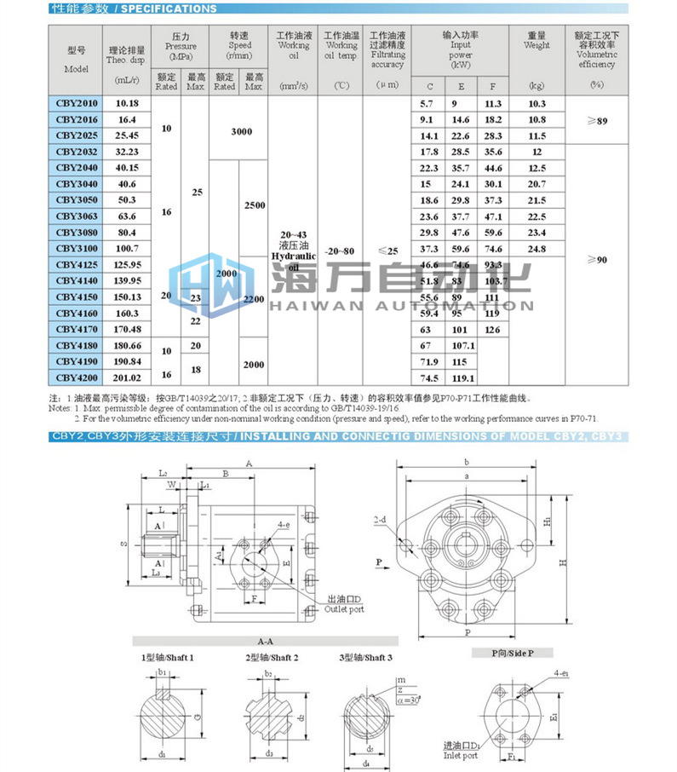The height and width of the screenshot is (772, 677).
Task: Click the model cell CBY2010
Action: (77, 103)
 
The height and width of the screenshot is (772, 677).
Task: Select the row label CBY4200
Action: (77, 377)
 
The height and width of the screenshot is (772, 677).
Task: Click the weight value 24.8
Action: (536, 249)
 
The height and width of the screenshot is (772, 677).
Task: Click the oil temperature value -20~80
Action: (341, 251)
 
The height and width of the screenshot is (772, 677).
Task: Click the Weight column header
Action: (536, 45)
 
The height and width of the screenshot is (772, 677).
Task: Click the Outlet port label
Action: (344, 609)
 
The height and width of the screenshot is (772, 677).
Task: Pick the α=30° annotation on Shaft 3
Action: (409, 699)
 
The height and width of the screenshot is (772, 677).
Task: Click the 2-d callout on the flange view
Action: (381, 519)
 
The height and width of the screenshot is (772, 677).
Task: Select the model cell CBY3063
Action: (77, 216)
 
